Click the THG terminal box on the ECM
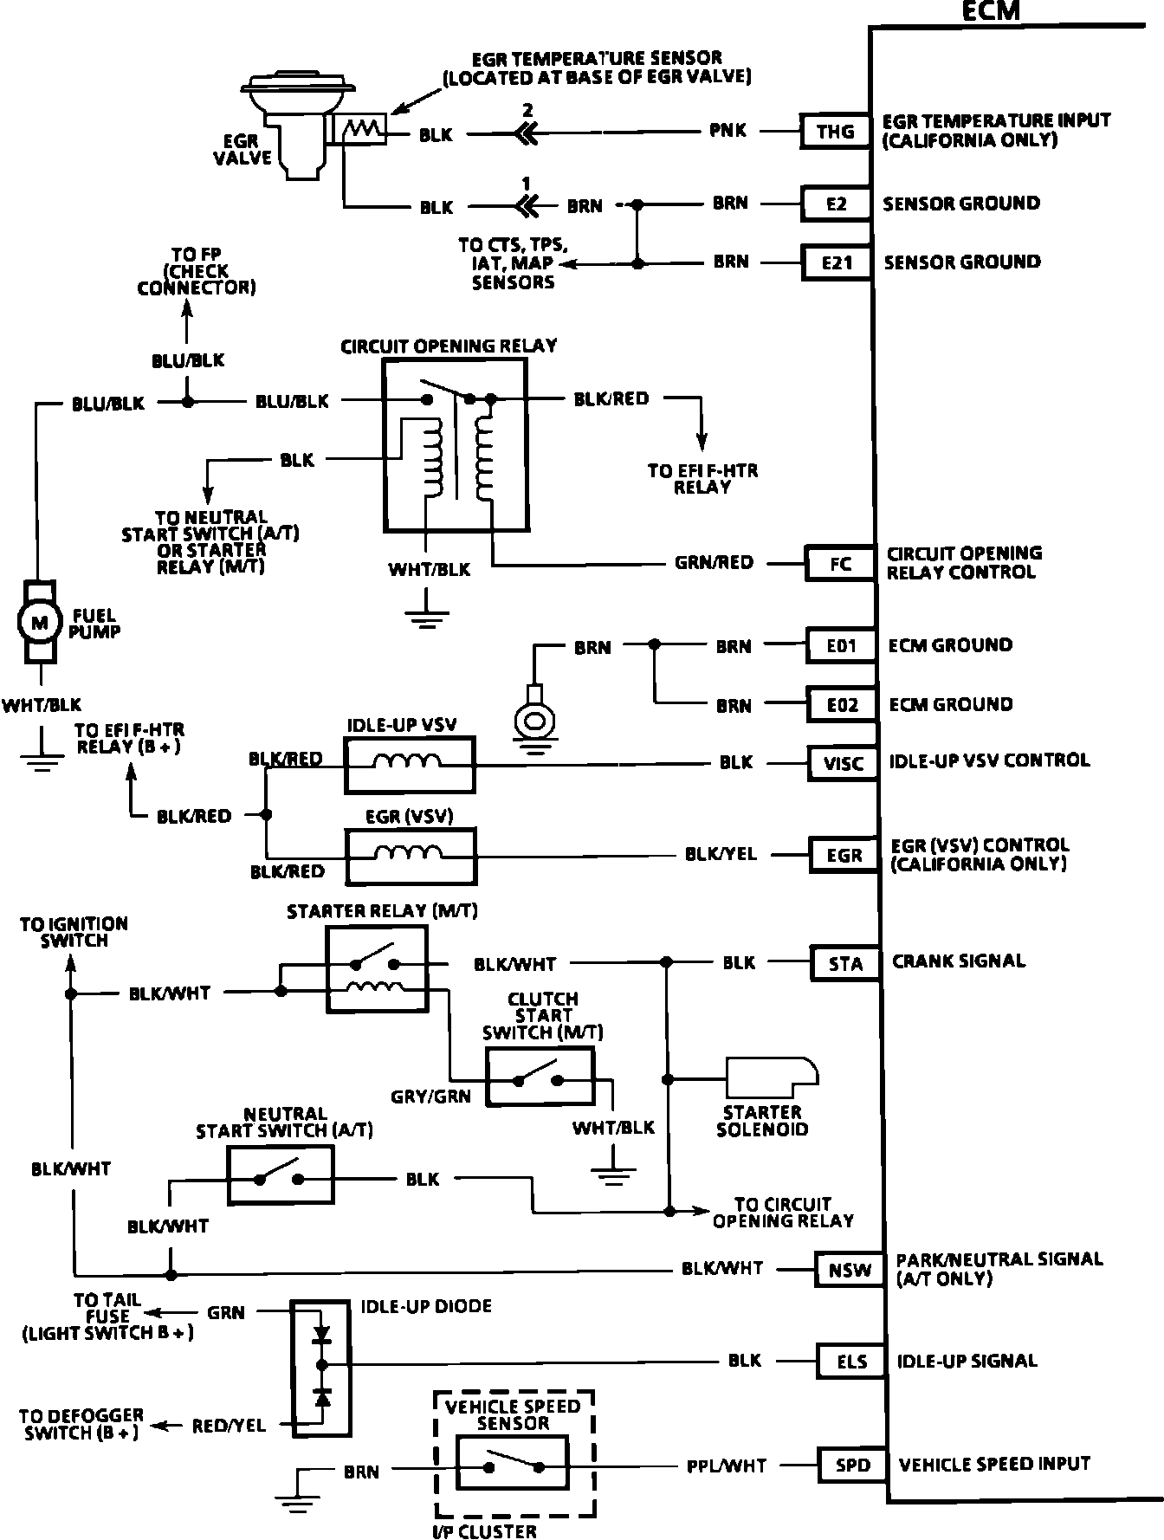coord(835,132)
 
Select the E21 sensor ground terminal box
coord(837,262)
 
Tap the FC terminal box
coord(840,564)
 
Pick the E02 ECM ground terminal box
coord(842,704)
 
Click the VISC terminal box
coord(844,763)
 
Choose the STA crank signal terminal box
coord(845,964)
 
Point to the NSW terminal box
coord(850,1271)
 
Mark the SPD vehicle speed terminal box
coord(853,1465)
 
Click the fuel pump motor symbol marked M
coord(39,621)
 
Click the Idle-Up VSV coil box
coord(410,765)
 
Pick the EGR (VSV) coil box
coord(411,856)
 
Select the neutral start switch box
coord(281,1175)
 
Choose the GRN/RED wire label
coord(715,563)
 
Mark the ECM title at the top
coord(991,10)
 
